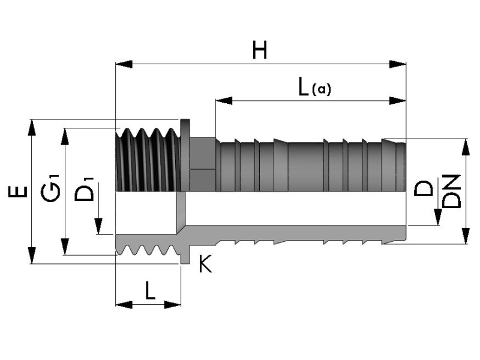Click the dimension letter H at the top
[260, 50]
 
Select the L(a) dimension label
[314, 87]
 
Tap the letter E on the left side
[18, 191]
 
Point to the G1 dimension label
[50, 188]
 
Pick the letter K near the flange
[205, 264]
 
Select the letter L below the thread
[150, 291]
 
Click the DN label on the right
[452, 191]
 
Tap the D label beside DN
[424, 188]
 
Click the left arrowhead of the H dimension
[124, 64]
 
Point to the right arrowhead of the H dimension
[397, 64]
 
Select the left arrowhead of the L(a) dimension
[224, 100]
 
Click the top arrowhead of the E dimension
[32, 128]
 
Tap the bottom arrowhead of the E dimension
[32, 256]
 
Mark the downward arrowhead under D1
[98, 226]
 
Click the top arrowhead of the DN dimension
[466, 147]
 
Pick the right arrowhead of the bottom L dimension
[173, 305]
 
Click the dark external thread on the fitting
[148, 160]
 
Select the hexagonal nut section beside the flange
[203, 164]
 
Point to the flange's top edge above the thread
[185, 120]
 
